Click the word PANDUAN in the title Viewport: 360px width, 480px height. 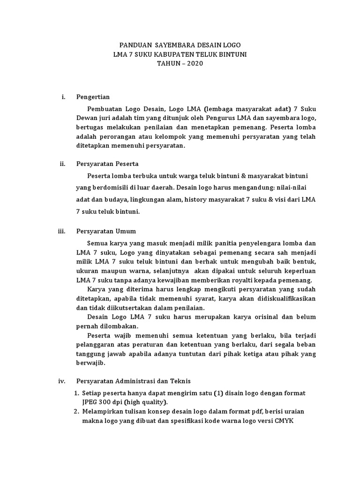point(135,45)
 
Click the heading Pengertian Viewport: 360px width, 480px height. point(93,97)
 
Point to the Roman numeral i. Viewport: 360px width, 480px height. point(63,97)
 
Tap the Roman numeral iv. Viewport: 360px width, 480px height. point(61,381)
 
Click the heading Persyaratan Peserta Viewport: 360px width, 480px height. point(107,164)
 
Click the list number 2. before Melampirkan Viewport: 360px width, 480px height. point(76,411)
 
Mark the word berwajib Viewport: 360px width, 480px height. point(91,362)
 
